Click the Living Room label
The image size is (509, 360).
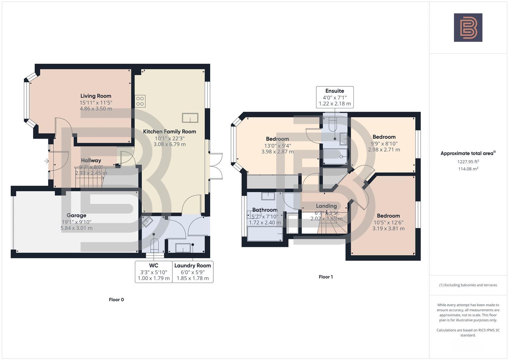pyautogui.click(x=96, y=96)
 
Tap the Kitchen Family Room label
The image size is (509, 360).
pyautogui.click(x=169, y=131)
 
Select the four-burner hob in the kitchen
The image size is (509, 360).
pyautogui.click(x=140, y=101)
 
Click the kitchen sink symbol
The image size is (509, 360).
pyautogui.click(x=190, y=118)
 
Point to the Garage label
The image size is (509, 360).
pyautogui.click(x=76, y=215)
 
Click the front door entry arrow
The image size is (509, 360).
pyautogui.click(x=46, y=161)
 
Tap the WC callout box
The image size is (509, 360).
pyautogui.click(x=154, y=272)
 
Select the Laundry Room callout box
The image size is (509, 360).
pyautogui.click(x=193, y=272)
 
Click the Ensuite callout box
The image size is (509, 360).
pyautogui.click(x=335, y=97)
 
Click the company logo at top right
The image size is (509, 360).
pyautogui.click(x=468, y=27)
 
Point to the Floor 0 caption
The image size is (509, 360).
pyautogui.click(x=116, y=300)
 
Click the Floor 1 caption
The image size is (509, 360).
pyautogui.click(x=326, y=277)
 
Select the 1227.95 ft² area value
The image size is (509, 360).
pyautogui.click(x=468, y=162)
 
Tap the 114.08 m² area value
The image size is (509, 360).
pyautogui.click(x=468, y=169)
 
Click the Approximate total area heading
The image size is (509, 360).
pyautogui.click(x=468, y=153)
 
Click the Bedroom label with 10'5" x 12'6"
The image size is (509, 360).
pyautogui.click(x=388, y=216)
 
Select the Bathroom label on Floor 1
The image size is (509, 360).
pyautogui.click(x=265, y=210)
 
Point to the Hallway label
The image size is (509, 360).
pyautogui.click(x=91, y=160)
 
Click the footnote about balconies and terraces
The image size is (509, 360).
pyautogui.click(x=468, y=285)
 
